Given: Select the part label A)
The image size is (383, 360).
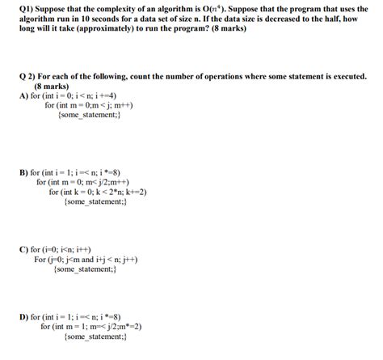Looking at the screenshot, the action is click(23, 95).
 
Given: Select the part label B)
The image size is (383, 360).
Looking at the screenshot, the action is click(23, 172).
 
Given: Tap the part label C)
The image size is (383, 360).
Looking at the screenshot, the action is click(23, 250).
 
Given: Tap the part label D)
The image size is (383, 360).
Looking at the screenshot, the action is click(23, 316).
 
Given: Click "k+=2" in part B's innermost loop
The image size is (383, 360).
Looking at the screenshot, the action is click(136, 192).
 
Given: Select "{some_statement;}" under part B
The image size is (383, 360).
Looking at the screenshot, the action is click(94, 202).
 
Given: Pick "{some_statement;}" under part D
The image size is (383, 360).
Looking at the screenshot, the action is click(94, 336).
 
